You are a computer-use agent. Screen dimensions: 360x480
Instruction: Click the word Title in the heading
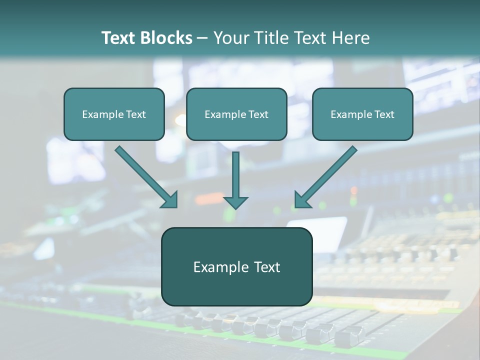(269, 38)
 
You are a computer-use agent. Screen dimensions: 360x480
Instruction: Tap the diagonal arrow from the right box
(325, 177)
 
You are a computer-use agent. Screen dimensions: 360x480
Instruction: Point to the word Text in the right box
(384, 114)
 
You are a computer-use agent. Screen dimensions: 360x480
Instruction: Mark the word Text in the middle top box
(258, 114)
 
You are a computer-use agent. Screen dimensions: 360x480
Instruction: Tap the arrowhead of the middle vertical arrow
(235, 202)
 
